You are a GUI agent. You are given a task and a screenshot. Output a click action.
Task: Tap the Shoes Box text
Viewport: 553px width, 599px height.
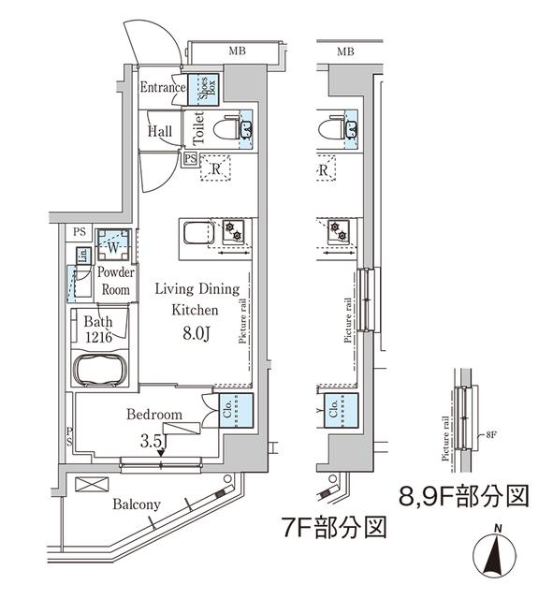(x=208, y=89)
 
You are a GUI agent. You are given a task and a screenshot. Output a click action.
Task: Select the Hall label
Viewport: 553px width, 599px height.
(x=159, y=132)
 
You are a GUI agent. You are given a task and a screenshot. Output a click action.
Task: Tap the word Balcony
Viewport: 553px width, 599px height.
(x=137, y=505)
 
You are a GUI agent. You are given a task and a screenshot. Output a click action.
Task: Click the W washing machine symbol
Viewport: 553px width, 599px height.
(x=111, y=247)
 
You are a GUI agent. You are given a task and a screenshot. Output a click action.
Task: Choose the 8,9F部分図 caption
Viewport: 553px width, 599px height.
(x=464, y=493)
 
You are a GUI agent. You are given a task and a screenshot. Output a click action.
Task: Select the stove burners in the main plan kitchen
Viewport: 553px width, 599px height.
(x=232, y=228)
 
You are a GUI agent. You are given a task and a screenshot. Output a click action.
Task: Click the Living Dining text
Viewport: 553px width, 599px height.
(x=196, y=289)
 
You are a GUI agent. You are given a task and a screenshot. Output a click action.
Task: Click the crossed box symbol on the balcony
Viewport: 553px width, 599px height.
(x=95, y=485)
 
